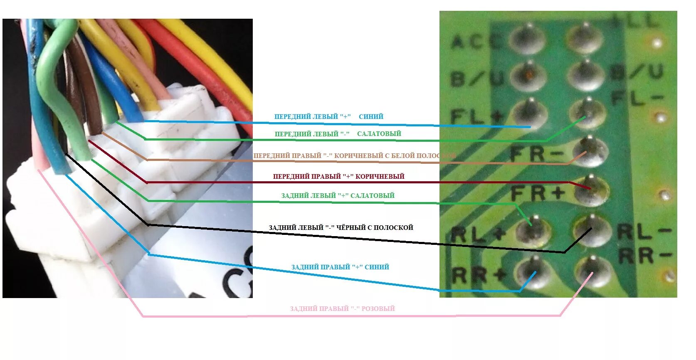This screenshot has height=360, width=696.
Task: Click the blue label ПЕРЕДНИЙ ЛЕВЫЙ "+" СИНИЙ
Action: click(328, 117)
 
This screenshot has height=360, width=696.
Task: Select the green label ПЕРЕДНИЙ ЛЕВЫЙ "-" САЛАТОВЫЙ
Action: click(338, 134)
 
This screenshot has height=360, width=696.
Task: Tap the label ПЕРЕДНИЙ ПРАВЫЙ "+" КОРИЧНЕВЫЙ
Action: click(338, 176)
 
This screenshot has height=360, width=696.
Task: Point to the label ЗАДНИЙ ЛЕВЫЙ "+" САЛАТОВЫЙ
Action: click(338, 195)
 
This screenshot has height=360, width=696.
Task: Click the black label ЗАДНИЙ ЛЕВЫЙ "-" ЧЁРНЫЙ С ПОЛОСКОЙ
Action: click(341, 228)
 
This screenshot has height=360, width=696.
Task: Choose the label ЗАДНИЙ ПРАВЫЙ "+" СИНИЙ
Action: click(340, 267)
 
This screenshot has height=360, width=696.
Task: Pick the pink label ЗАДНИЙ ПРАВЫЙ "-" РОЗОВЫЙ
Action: click(342, 308)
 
